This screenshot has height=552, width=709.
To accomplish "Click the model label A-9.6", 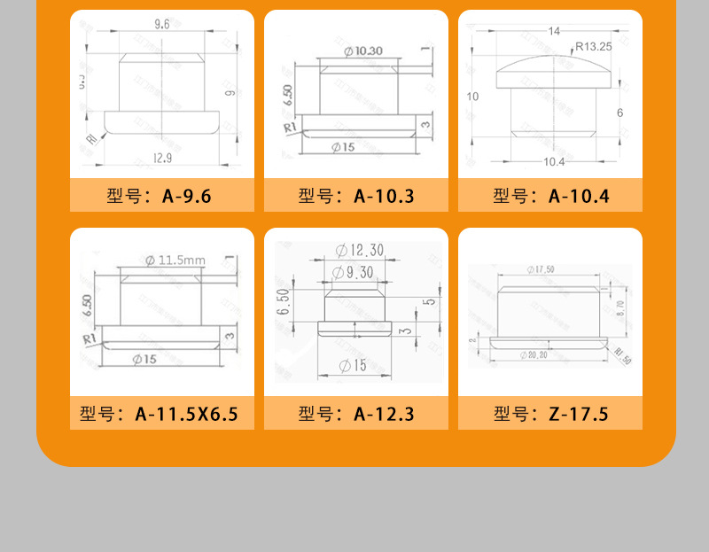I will tap(161, 196).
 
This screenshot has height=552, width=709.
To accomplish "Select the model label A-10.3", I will tap(355, 196).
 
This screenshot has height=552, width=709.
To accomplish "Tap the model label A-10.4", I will tap(550, 196).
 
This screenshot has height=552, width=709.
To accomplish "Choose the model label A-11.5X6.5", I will tap(161, 414).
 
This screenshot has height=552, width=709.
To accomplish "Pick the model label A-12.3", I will tap(355, 414).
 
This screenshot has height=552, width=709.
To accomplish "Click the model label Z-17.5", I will tap(550, 414).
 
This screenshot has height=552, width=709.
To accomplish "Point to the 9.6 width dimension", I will tap(161, 25).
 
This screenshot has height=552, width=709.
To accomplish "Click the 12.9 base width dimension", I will tap(161, 158).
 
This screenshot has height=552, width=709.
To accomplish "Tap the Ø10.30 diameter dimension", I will tap(362, 51).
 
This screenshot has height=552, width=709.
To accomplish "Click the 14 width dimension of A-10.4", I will tap(554, 31).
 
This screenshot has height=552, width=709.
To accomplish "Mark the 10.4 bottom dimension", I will tap(554, 161).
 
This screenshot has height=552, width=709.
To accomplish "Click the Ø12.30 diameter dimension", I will tap(360, 251).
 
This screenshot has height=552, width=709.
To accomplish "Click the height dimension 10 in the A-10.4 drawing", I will tap(472, 96).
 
